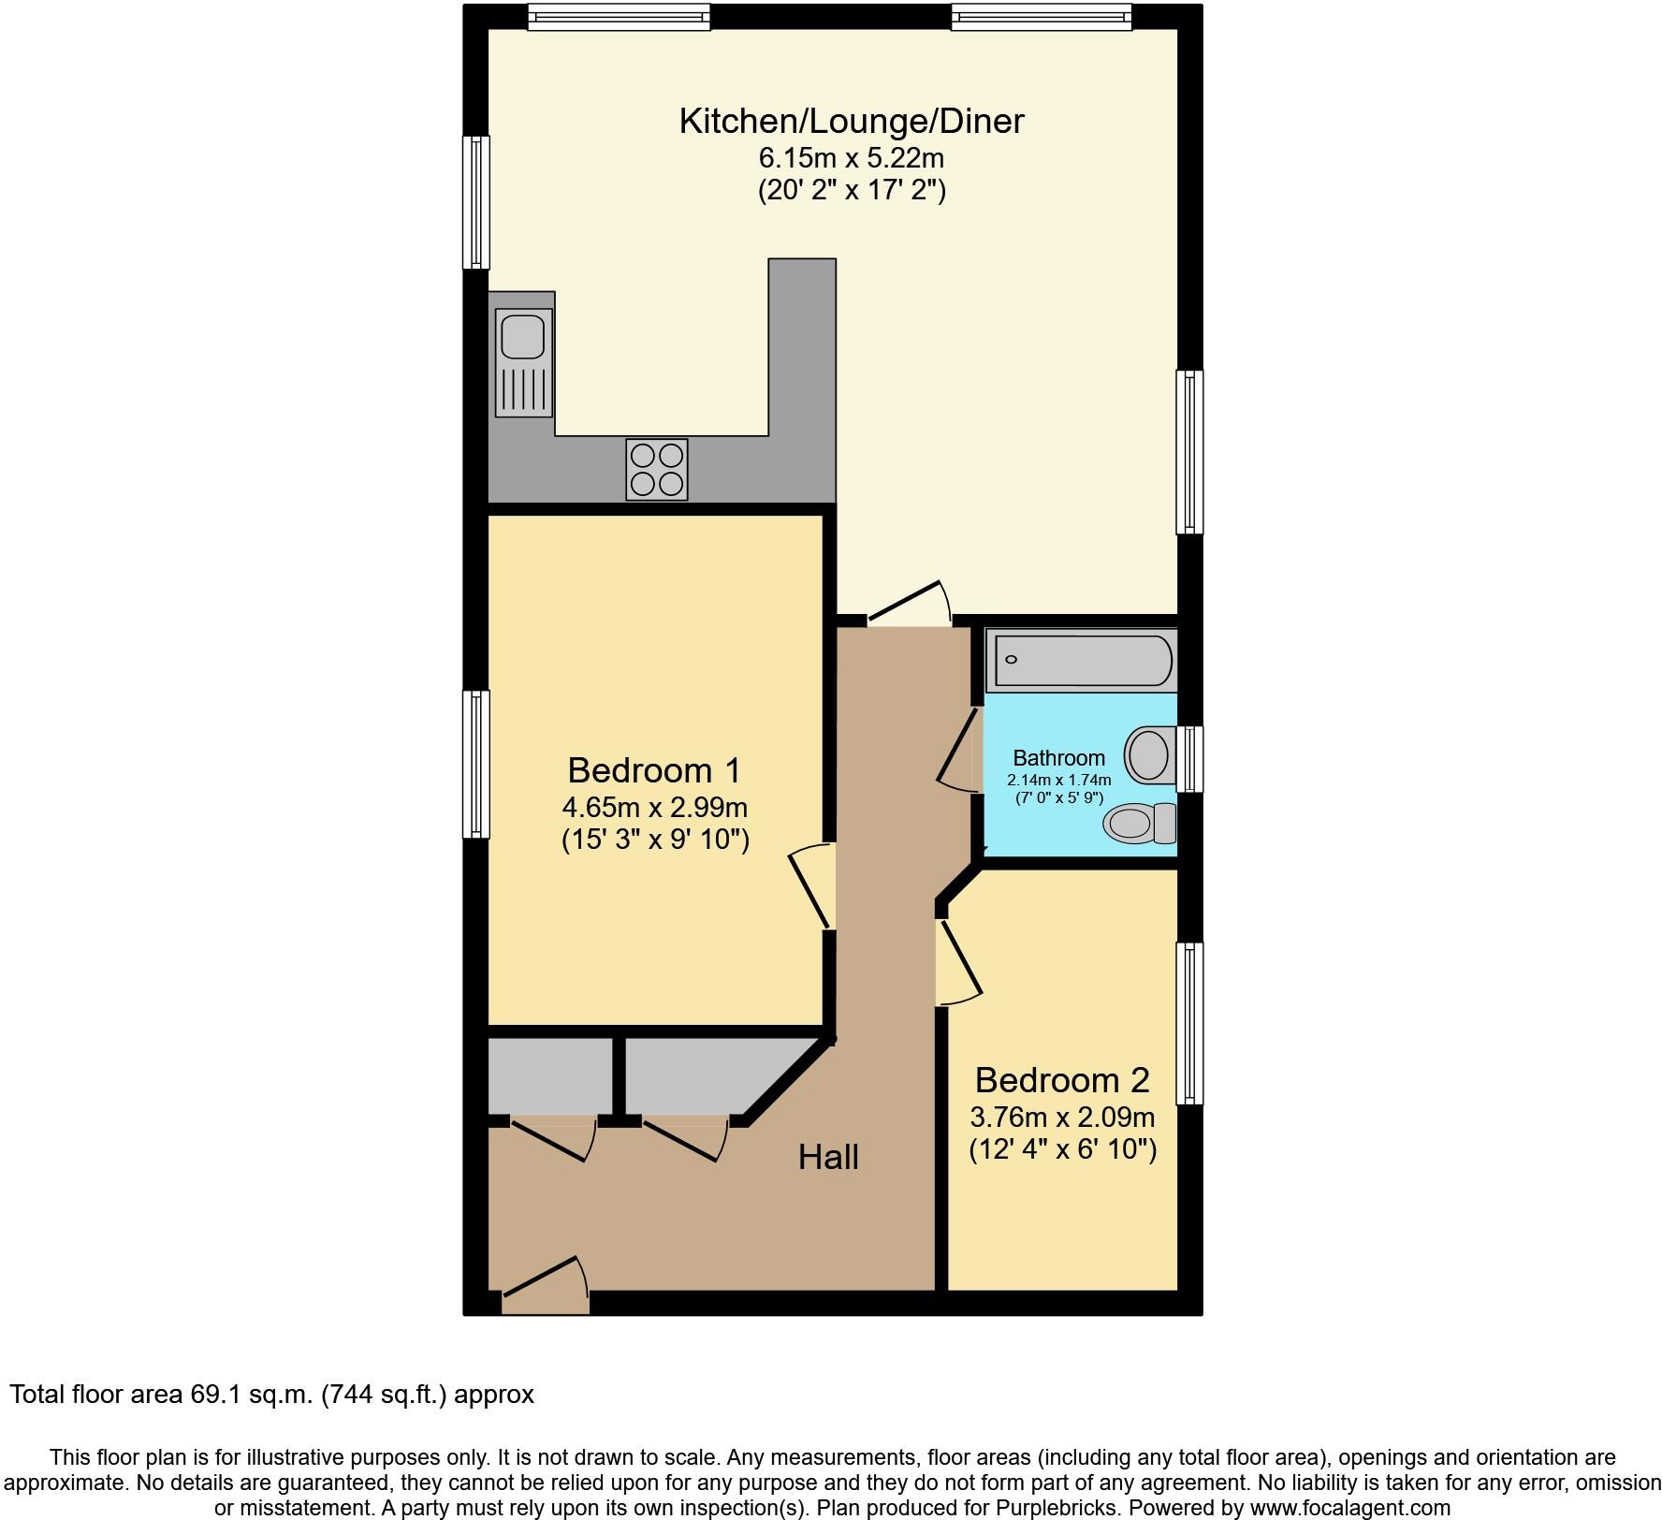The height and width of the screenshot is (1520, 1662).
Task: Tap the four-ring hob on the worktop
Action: point(656,469)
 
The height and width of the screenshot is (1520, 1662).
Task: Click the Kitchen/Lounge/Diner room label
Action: point(851,122)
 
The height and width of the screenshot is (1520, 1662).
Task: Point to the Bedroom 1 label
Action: point(653,770)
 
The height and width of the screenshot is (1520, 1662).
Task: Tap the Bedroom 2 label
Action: point(1061,1080)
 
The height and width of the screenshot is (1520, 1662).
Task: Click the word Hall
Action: point(828,1158)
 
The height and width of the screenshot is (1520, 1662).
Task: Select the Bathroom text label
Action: point(1058,758)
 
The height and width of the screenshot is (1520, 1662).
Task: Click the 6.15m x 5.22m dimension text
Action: point(851,157)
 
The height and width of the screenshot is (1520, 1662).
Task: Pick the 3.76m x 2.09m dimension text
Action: point(1061,1117)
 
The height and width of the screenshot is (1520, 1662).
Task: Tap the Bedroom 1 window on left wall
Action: point(477,764)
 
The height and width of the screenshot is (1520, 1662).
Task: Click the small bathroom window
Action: point(1188,758)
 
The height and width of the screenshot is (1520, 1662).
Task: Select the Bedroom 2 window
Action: point(1188,1023)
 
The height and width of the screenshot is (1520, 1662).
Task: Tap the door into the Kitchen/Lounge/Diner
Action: point(908,608)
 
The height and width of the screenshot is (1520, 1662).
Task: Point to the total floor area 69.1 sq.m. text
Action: point(271,1395)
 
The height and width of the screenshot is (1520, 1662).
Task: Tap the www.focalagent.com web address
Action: point(1348,1508)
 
